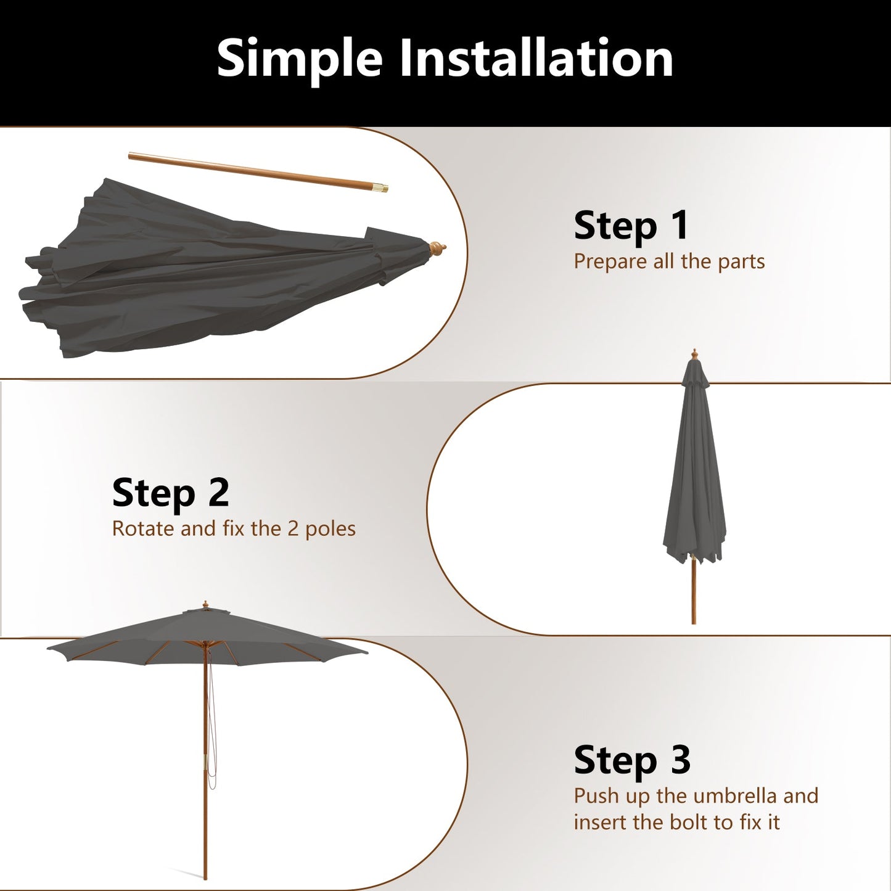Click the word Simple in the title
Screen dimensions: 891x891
click(x=300, y=59)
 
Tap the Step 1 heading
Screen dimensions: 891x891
click(x=631, y=226)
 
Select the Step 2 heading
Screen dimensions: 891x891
click(x=170, y=493)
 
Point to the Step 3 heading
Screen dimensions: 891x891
click(x=631, y=760)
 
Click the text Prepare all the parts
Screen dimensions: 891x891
click(x=669, y=261)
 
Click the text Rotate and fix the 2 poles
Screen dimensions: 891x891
click(x=234, y=529)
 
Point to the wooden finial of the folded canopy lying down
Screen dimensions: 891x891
click(x=437, y=249)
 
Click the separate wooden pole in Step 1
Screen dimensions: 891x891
click(x=253, y=170)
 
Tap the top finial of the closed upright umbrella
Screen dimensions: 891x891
click(x=695, y=354)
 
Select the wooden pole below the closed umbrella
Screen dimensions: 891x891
click(x=694, y=592)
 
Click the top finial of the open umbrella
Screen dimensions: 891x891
click(x=205, y=605)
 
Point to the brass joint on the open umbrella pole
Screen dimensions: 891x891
click(x=205, y=760)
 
